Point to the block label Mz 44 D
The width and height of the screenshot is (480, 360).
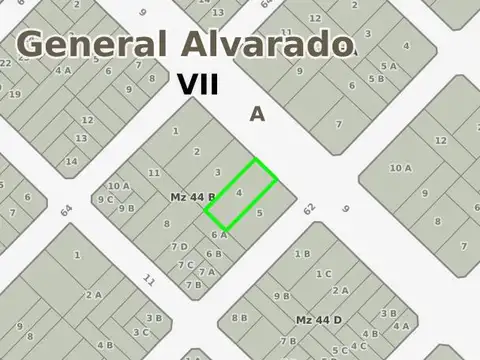(318, 319)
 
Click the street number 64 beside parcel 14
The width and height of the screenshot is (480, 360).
(66, 211)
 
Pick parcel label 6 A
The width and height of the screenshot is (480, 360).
(219, 235)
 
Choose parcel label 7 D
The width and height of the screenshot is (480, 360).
(180, 247)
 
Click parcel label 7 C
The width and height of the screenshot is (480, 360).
(186, 265)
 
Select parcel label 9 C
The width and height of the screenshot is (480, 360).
(104, 198)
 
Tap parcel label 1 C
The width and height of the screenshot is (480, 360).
(323, 273)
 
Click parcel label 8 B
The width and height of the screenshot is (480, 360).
(240, 318)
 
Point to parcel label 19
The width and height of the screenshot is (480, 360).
(15, 94)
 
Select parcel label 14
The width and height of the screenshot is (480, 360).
(71, 160)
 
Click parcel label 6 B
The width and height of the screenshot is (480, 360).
(213, 254)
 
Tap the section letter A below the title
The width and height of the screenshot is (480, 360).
(257, 115)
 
